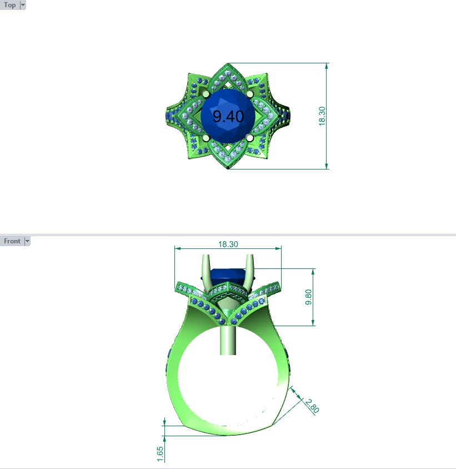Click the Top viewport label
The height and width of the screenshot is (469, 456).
pos(10,5)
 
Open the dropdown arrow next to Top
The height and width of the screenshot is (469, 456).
pos(22,5)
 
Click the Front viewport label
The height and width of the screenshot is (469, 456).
pos(12,241)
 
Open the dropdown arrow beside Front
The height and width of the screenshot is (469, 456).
pos(27,241)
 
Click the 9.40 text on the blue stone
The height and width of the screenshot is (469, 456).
pos(228,116)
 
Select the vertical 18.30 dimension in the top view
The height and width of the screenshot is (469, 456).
pos(322,116)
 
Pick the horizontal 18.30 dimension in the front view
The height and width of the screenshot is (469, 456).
pos(228,244)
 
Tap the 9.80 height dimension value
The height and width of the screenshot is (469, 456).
pos(309,297)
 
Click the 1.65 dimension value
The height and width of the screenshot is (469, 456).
pos(160,453)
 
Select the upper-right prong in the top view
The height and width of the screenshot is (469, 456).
pos(249,94)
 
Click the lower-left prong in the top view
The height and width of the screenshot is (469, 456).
pos(206,137)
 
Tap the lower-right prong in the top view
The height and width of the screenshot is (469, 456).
pos(249,137)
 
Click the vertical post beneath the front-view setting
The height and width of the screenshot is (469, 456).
pos(228,339)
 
